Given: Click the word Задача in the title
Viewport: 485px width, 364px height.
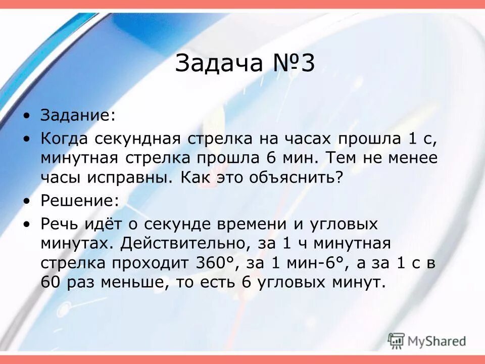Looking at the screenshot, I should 220,64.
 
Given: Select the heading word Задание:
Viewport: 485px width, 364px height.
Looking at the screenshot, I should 78,115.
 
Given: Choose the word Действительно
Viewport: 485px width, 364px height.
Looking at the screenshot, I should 184,244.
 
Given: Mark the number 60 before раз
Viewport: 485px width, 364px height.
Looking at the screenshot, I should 51,282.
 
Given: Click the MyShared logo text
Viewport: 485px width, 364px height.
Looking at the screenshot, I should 437,340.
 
